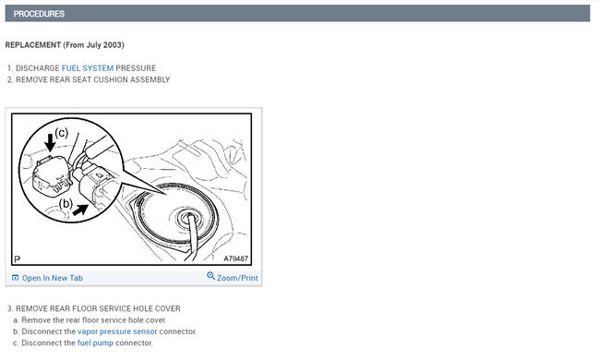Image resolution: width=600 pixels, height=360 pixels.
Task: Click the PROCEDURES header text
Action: point(39,14)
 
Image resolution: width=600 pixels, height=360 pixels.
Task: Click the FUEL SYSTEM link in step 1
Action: point(88,68)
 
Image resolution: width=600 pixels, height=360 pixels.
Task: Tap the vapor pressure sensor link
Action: point(117,331)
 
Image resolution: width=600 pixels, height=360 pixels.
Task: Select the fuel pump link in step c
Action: point(95,342)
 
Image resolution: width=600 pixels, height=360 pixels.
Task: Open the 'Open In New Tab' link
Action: point(53,278)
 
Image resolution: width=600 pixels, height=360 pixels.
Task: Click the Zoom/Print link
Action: point(237,278)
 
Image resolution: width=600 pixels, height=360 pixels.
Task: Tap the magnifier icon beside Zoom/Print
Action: point(210,276)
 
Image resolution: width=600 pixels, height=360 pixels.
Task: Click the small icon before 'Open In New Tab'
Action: point(16,278)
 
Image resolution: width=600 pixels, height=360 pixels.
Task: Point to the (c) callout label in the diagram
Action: point(62,133)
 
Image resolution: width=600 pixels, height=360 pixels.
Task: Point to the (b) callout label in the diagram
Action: point(66,203)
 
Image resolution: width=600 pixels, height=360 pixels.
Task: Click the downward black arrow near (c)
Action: point(50,141)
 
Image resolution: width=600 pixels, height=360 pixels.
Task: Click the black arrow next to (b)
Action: point(80,210)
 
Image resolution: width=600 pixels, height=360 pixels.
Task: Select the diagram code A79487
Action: point(235,258)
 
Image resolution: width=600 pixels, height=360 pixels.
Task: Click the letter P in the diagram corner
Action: point(17,259)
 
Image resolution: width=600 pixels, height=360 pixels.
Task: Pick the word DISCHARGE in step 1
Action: point(38,68)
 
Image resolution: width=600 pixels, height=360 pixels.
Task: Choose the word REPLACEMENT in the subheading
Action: point(33,44)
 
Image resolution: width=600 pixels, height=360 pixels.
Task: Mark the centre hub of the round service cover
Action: point(188,219)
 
